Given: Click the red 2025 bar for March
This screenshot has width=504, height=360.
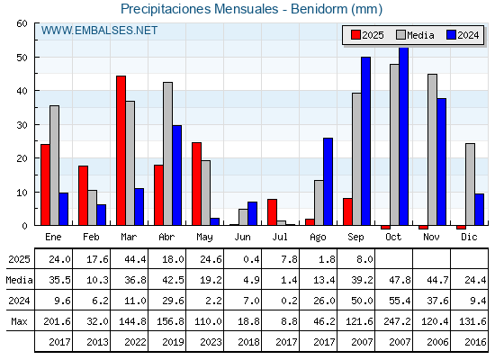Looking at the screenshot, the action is pos(121,150).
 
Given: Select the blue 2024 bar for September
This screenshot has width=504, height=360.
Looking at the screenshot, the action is pos(365,141).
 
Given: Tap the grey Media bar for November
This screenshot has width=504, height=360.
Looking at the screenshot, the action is pos(432,149).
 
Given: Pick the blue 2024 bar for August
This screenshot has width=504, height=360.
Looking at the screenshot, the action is pos(328,182).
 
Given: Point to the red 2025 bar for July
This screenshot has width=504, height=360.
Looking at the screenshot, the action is pos(272,212).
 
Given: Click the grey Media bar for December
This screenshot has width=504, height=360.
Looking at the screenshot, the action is pos(470,184).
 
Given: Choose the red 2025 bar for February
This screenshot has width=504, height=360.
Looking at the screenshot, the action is pos(83,195).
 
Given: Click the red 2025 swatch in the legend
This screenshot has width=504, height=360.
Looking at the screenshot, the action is pos(355,35).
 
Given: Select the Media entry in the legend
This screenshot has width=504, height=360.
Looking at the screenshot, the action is pos(415,35).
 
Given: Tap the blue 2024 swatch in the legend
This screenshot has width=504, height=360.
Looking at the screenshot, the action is pos(451,35).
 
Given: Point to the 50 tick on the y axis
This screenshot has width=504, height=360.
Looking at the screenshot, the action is pos(22,58).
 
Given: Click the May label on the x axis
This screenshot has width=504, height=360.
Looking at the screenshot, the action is pos(204,238).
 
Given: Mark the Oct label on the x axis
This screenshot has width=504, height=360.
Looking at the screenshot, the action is pos(393,238).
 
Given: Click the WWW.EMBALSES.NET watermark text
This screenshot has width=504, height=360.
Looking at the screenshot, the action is pos(99,31).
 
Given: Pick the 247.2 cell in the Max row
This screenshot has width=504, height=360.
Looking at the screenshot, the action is pos(397,321).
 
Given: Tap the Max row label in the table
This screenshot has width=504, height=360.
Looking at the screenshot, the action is pos(19,321).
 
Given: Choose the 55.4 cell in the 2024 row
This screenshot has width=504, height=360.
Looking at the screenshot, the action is pos(400,301).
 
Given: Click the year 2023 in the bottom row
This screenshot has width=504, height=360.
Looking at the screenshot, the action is pos(211,342).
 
